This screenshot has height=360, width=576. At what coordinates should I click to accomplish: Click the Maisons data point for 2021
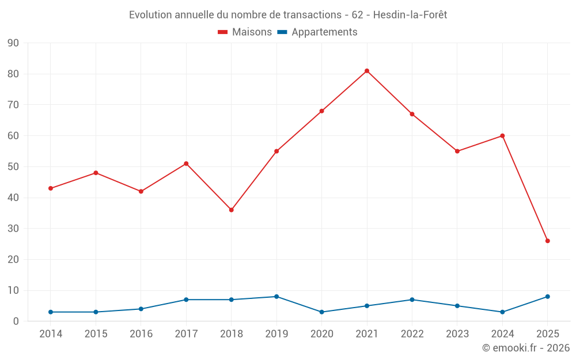click(x=367, y=71)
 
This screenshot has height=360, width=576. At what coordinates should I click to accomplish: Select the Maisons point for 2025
click(x=547, y=241)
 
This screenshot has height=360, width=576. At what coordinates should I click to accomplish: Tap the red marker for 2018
click(x=232, y=210)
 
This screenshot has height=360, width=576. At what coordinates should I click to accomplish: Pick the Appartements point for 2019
click(x=276, y=297)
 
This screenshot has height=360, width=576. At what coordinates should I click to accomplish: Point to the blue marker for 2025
click(x=547, y=297)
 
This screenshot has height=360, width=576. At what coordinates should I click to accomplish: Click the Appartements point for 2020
click(x=321, y=312)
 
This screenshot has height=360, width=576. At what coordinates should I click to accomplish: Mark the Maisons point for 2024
click(x=502, y=136)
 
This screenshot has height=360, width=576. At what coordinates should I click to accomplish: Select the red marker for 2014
click(x=51, y=188)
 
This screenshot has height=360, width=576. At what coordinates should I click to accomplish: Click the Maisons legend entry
click(x=245, y=32)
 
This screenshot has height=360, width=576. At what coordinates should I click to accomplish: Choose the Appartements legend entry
click(x=317, y=32)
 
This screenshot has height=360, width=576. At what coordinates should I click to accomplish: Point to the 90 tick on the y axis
click(x=13, y=43)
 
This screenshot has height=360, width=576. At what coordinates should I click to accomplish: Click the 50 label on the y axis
click(x=13, y=167)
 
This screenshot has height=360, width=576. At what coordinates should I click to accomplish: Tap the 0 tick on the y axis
click(x=16, y=321)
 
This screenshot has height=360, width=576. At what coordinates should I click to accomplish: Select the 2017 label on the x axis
click(x=186, y=334)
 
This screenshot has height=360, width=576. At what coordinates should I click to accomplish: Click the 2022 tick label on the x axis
click(x=412, y=334)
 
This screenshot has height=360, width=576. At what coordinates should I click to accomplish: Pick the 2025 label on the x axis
click(x=547, y=334)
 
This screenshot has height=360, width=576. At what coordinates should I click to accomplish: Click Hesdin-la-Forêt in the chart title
click(x=410, y=15)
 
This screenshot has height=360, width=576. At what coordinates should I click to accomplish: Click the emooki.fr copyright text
click(x=525, y=348)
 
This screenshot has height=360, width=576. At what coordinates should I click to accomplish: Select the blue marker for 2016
click(x=141, y=309)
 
